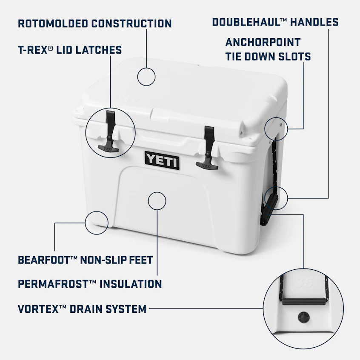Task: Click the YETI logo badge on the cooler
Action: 162,160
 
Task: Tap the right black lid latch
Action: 208,147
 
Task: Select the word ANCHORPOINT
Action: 263,43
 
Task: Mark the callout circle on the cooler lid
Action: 146,77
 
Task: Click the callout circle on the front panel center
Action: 157,200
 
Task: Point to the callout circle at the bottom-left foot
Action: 96,222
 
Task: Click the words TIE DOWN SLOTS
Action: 268,57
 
